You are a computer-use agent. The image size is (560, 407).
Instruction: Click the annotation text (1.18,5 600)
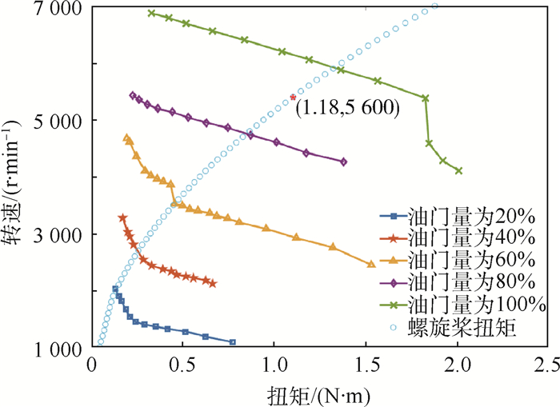pyautogui.click(x=346, y=107)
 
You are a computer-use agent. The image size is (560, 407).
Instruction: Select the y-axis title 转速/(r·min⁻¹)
pyautogui.click(x=16, y=178)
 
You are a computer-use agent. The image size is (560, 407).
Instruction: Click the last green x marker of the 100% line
pyautogui.click(x=458, y=170)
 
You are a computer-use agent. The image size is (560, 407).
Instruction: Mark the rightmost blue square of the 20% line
pyautogui.click(x=233, y=342)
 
